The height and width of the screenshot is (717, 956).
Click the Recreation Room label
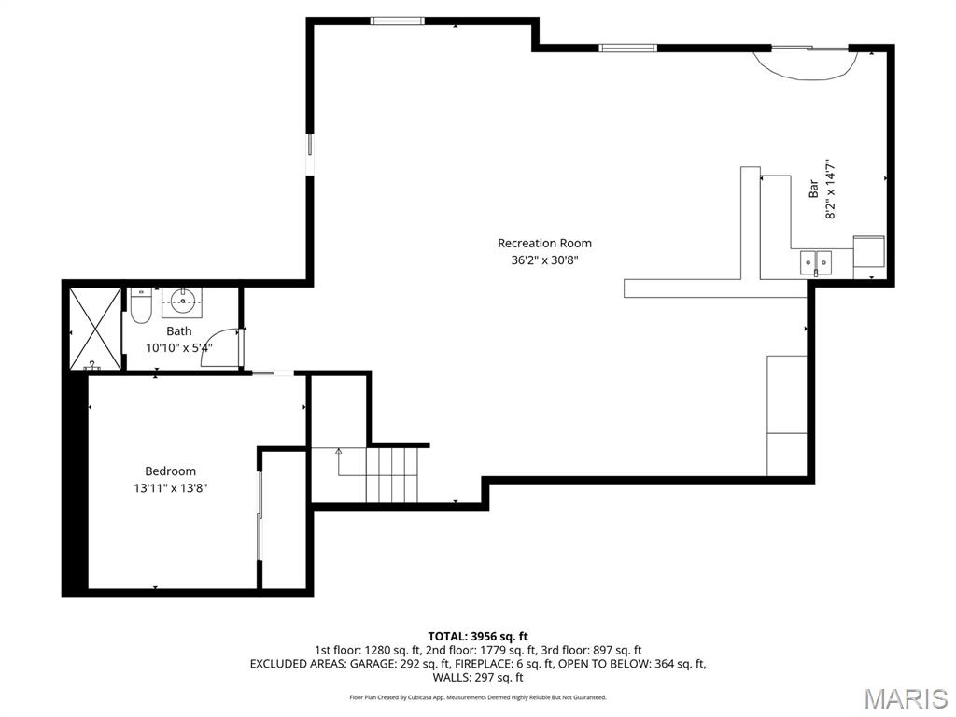coord(544,244)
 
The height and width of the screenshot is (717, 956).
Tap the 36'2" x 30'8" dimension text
coord(544,260)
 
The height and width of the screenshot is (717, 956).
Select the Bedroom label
coord(170,471)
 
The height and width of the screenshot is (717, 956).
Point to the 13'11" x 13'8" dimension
coord(170,487)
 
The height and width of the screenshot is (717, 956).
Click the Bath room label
coord(179,331)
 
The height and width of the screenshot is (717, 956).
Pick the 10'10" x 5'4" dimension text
coord(179,347)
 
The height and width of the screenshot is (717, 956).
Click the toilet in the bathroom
coord(141,305)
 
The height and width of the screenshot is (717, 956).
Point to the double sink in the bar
coord(816,263)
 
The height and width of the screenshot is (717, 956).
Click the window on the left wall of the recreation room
coord(311,151)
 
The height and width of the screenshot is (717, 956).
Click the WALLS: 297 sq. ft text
coord(478,678)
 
